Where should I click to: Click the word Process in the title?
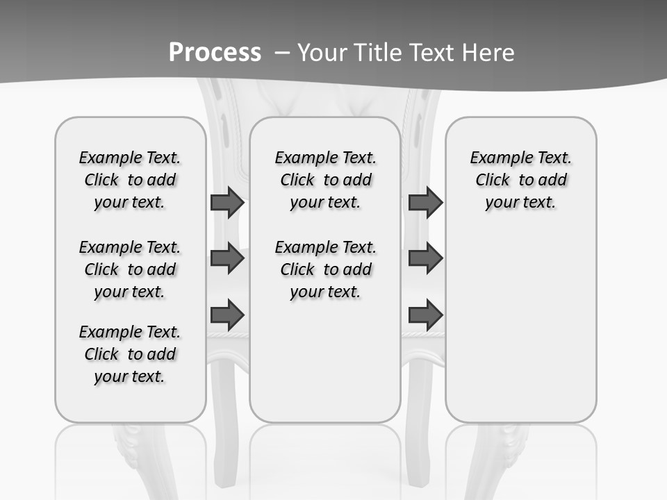[x=215, y=52]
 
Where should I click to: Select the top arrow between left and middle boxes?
[x=227, y=202]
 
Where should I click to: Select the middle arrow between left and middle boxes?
[x=227, y=258]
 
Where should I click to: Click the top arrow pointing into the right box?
[x=425, y=202]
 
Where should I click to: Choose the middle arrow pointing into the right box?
[x=425, y=258]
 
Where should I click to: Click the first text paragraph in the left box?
[x=130, y=180]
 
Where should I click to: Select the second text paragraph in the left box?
[x=130, y=269]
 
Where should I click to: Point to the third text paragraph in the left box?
[x=130, y=354]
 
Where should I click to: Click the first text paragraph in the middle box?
[x=326, y=180]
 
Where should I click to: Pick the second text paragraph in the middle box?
[x=326, y=269]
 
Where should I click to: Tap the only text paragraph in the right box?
[x=521, y=180]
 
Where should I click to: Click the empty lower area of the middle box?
[x=325, y=368]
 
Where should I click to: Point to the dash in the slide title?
[x=282, y=52]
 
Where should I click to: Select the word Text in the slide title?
[x=433, y=52]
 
